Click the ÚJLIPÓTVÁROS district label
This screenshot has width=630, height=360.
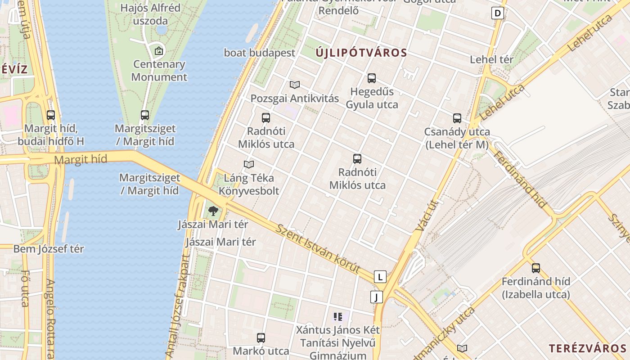361,53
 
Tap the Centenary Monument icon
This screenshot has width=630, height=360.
158,51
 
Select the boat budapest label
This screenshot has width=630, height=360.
260,53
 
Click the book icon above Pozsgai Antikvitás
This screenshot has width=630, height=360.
295,85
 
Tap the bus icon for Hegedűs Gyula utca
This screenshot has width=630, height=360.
372,78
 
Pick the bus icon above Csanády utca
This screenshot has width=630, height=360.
457,118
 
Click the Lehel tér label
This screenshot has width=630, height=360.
491,59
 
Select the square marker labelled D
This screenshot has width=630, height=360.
497,13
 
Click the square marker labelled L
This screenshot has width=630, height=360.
380,277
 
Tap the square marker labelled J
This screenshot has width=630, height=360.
376,297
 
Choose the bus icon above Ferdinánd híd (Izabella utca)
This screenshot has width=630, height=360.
536,268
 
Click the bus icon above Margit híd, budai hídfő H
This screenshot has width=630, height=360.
51,115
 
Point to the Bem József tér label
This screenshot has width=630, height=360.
49,249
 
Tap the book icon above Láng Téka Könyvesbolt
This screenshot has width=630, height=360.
249,165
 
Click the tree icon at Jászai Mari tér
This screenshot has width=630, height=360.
213,211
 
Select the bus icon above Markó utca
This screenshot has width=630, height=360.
261,338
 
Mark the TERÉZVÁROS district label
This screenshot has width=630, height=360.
587,348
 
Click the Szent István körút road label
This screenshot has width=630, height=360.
318,249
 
